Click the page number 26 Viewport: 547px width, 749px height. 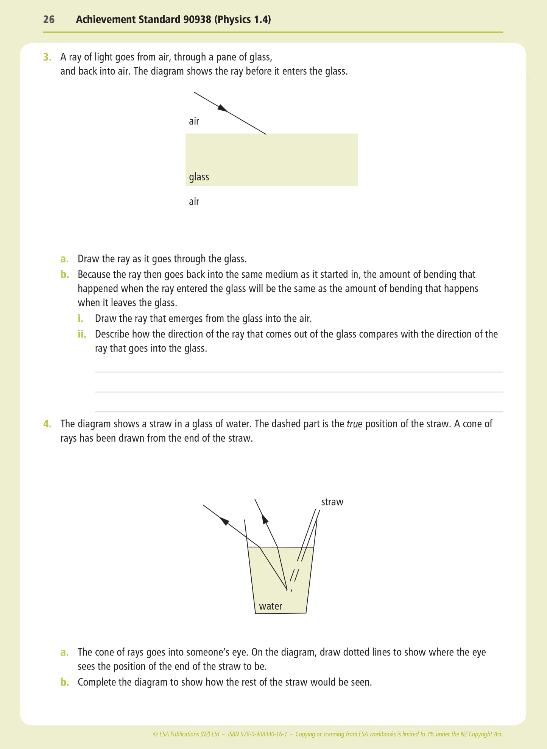click(49, 20)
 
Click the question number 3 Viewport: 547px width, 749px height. click(47, 57)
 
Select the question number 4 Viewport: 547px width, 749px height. click(47, 424)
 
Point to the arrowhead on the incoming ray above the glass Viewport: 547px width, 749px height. click(223, 108)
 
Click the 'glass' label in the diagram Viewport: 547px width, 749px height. click(199, 177)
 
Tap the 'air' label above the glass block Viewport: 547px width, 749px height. click(194, 121)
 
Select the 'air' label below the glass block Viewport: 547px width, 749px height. click(194, 202)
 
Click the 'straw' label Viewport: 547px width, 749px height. click(332, 502)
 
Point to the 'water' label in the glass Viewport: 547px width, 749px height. click(270, 606)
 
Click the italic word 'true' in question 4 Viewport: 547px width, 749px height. click(354, 424)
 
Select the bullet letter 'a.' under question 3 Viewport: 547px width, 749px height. click(64, 259)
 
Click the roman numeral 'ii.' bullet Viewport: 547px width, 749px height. click(82, 334)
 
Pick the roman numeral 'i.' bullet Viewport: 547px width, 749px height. click(80, 319)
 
